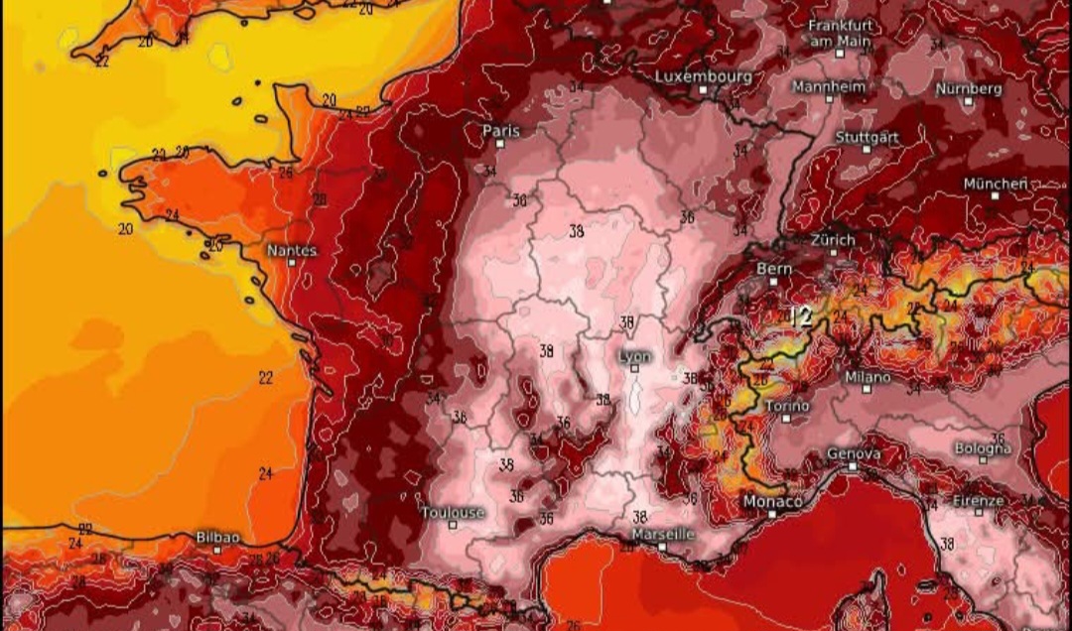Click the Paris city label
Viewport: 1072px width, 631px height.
pos(501,130)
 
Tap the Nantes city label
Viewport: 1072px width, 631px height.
pos(291,251)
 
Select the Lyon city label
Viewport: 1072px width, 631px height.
pos(634,356)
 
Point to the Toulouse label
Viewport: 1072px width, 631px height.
pos(454,513)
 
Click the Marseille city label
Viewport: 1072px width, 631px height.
pos(662,534)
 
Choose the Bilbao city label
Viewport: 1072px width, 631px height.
pos(216,536)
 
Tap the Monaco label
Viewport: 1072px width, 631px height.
pos(772,502)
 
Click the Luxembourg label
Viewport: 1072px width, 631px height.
pos(703,76)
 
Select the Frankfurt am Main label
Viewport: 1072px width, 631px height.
pos(841,33)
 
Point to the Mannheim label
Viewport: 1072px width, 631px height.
pos(829,86)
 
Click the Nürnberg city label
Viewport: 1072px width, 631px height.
pos(969,88)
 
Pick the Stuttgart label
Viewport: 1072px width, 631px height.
pos(867,137)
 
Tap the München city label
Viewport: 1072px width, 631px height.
pos(995,185)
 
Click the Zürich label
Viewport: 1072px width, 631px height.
pos(832,240)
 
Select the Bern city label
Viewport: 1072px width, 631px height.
pos(773,268)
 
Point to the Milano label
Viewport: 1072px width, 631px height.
pos(867,377)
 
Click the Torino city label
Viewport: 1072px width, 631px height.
pos(787,407)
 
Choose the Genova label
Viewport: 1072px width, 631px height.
pos(853,453)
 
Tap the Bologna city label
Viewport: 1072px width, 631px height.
pos(983,448)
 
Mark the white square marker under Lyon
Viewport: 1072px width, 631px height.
pos(634,368)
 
